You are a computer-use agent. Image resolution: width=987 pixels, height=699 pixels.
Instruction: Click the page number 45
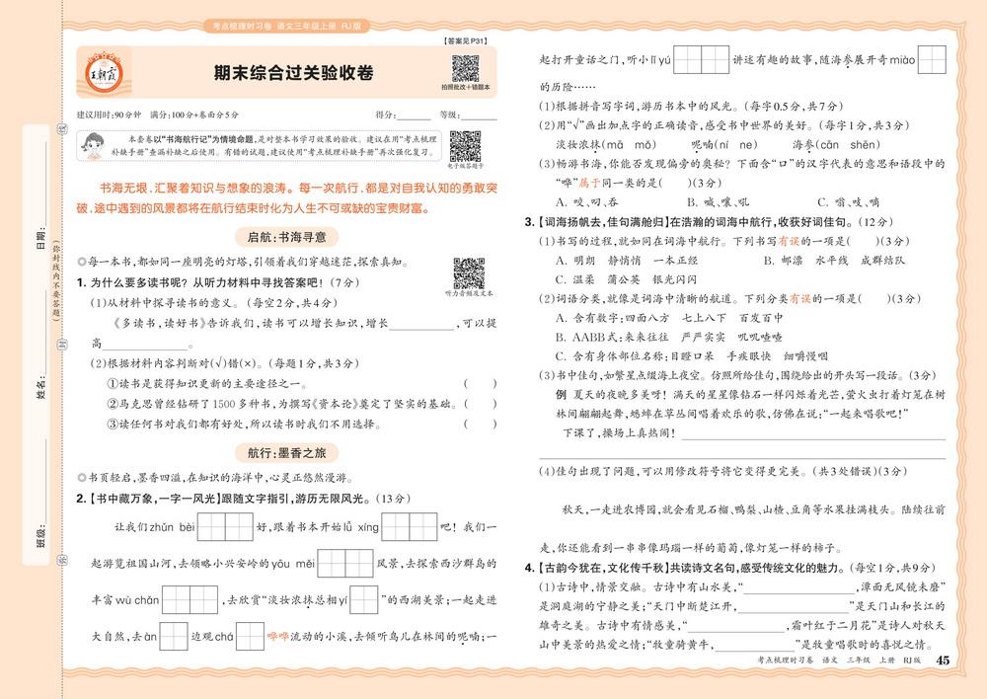click(942, 660)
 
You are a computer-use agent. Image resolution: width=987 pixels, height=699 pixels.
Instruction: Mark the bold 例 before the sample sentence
click(561, 393)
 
